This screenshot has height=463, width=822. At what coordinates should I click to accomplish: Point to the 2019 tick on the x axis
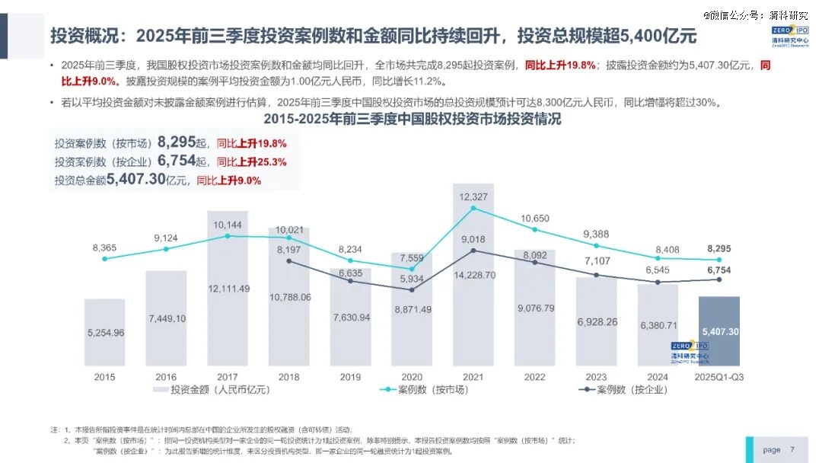[350, 376]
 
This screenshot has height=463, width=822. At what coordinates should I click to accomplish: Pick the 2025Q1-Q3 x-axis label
[718, 376]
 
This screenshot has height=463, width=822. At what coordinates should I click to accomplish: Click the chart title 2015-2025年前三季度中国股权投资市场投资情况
[412, 120]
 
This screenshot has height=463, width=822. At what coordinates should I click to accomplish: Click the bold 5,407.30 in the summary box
[136, 180]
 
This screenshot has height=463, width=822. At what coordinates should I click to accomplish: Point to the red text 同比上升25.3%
[251, 161]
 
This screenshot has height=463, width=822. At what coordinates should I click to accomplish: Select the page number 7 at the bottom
[792, 449]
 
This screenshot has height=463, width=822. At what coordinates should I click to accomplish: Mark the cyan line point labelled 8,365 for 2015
[105, 259]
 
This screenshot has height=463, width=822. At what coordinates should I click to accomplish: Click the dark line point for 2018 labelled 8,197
[289, 261]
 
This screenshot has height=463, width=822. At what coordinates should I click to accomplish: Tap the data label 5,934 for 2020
[411, 279]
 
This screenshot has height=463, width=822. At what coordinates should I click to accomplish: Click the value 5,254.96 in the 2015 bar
[104, 333]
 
